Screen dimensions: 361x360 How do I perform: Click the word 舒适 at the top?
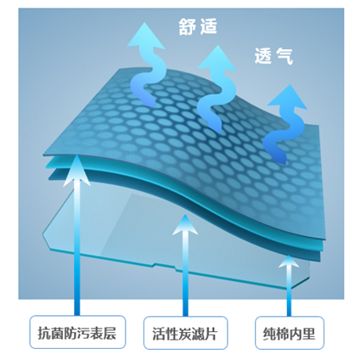(x=198, y=27)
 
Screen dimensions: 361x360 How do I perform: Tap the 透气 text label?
(x=274, y=56)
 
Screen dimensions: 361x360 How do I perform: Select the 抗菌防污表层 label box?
(x=77, y=332)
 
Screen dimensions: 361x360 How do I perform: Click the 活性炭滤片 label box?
(x=185, y=333)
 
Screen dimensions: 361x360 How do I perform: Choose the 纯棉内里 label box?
(x=290, y=333)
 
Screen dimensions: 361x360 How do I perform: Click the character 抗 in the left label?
(x=44, y=333)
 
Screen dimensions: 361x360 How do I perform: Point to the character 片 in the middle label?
(x=211, y=334)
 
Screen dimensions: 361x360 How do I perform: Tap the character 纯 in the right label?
(x=269, y=334)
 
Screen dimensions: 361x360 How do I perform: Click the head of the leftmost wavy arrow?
(x=146, y=36)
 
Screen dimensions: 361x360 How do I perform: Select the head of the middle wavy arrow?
(x=217, y=58)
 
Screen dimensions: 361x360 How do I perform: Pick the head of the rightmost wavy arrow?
(x=287, y=97)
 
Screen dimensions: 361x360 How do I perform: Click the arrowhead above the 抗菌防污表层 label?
(x=76, y=170)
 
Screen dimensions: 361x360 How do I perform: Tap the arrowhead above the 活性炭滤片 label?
(x=185, y=225)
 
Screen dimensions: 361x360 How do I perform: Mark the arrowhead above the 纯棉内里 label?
(x=289, y=262)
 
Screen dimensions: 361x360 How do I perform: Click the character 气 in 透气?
(x=285, y=56)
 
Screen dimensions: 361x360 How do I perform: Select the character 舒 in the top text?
(x=187, y=27)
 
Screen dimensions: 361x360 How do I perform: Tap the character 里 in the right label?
(x=308, y=334)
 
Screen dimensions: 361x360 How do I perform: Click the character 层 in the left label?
(x=110, y=333)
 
